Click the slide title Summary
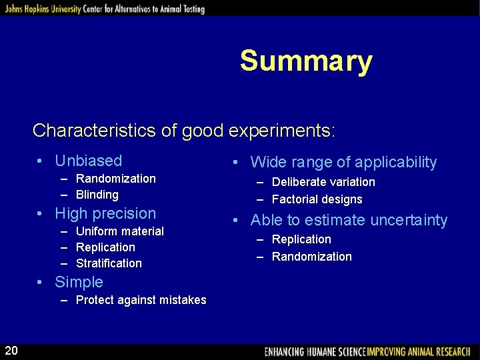306,61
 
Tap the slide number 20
11,351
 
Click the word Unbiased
89,161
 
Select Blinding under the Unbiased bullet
97,195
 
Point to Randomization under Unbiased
116,179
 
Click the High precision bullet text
105,213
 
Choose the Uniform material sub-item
120,231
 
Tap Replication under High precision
105,247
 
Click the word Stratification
109,263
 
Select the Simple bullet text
79,282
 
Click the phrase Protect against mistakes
141,300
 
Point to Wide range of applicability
343,162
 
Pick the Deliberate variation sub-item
323,182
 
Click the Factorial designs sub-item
317,199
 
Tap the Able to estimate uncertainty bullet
349,220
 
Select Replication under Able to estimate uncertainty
301,239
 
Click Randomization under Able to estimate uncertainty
312,257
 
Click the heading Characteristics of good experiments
184,130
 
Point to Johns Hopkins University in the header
41,9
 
